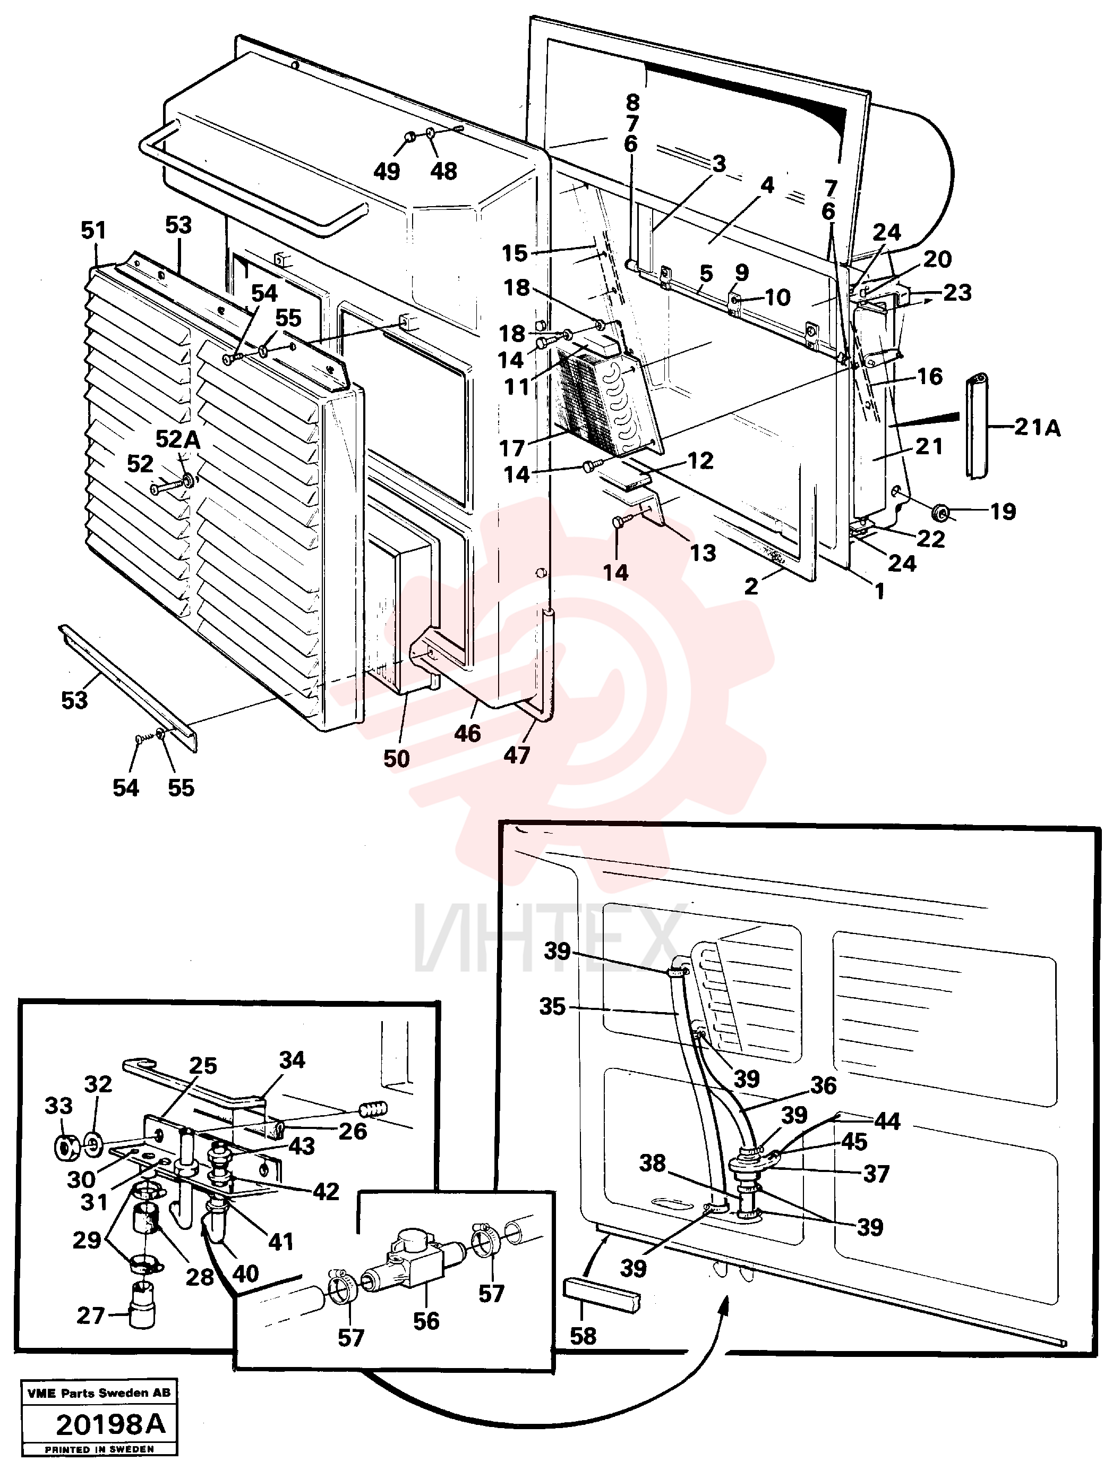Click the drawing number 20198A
coord(110,1424)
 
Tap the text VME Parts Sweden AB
coord(99,1392)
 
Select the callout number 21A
coord(1037,428)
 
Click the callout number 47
coord(517,755)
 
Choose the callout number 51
coord(93,231)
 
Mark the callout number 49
coord(387,171)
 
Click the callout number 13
coord(703,553)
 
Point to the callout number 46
coord(467,733)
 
